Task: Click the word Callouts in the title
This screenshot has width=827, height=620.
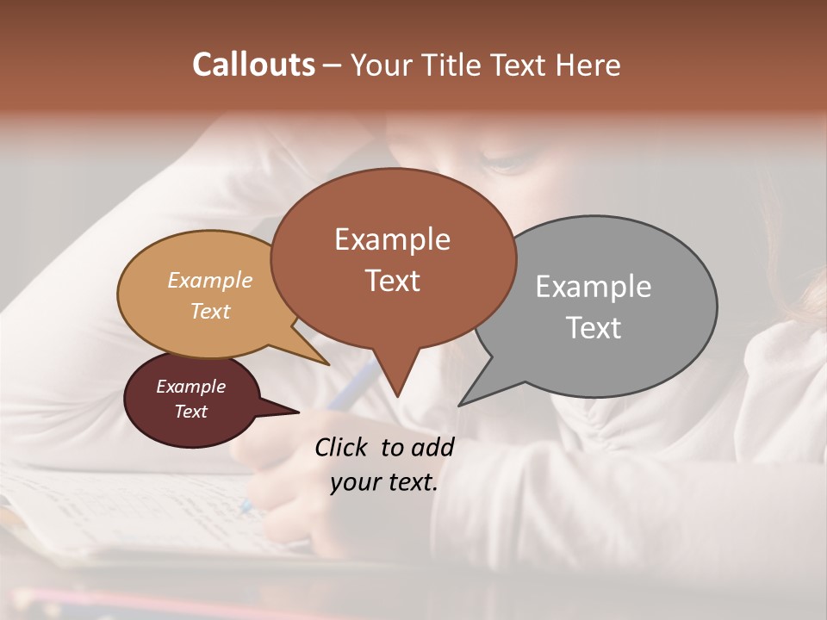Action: pos(253,65)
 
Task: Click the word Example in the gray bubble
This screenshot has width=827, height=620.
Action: pos(593,287)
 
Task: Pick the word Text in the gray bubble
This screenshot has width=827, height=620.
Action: pos(593,328)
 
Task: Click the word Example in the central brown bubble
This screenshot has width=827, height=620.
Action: pos(392,239)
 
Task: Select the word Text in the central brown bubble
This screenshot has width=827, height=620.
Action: pos(392,281)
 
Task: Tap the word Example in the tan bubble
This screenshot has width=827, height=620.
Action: pos(210,281)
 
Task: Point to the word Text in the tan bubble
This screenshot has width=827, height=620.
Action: pos(210,311)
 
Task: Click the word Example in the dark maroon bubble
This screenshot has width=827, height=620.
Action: pos(190,387)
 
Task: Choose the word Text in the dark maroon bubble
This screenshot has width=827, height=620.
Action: pos(190,412)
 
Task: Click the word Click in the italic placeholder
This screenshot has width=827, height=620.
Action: pos(343,447)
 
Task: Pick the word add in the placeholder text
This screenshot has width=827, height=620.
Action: pos(433,447)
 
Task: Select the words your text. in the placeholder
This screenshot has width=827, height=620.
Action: pos(383,482)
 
